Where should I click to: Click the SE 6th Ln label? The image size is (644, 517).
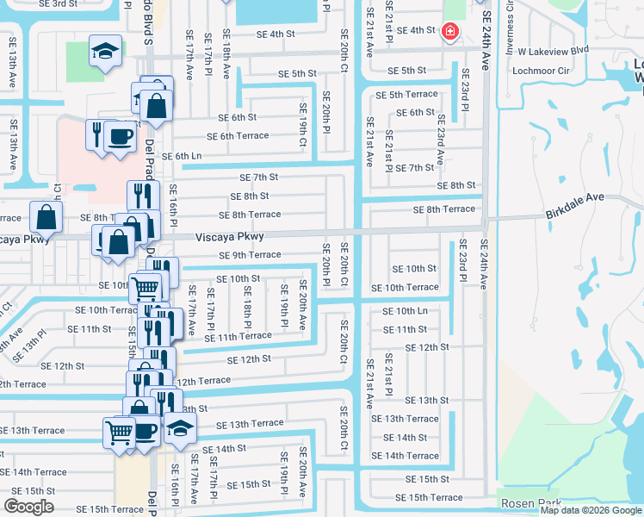point(182,156)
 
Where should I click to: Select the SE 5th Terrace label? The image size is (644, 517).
point(407,94)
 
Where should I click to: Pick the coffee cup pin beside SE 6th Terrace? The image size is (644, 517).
point(121,136)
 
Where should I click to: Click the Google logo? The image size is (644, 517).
point(29,507)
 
